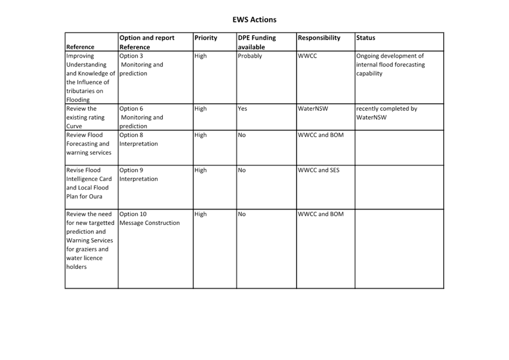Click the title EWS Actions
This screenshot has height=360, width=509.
tap(254, 20)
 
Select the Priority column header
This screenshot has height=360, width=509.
tap(206, 38)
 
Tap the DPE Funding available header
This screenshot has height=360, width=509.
tap(257, 42)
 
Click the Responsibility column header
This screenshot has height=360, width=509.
tap(319, 38)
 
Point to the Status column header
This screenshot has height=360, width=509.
tap(365, 38)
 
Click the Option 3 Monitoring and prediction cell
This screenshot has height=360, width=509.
tap(141, 65)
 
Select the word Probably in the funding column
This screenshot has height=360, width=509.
tap(250, 56)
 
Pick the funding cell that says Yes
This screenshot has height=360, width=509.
tap(242, 109)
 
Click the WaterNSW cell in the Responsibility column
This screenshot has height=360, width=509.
tap(313, 109)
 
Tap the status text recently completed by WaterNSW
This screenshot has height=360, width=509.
tap(387, 113)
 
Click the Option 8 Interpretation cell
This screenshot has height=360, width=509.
tap(139, 139)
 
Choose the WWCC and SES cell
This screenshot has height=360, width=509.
tap(319, 170)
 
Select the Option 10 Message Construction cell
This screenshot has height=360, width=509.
tap(149, 218)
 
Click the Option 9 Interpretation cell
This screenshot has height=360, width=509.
tap(139, 175)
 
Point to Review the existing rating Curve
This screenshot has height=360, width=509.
tap(86, 117)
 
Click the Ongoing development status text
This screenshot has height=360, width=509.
tap(391, 65)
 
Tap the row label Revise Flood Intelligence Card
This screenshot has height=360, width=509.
tap(89, 175)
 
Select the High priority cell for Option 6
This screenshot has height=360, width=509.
tap(201, 109)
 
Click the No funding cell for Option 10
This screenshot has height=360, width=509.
tap(242, 214)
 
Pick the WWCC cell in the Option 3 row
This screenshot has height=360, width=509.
tap(307, 56)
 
